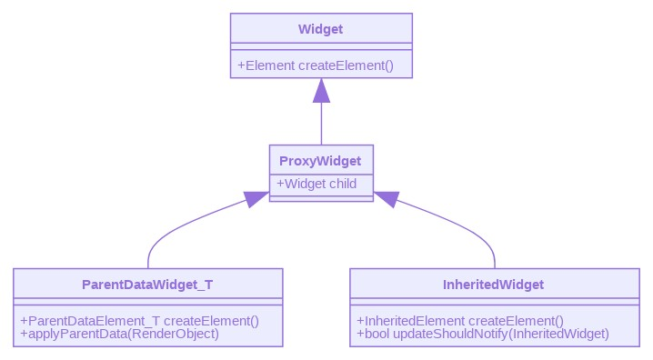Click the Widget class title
[x=320, y=29]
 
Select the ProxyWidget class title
[x=320, y=161]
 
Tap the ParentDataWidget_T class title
[x=147, y=285]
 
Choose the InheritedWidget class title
[x=494, y=285]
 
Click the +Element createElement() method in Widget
[x=315, y=65]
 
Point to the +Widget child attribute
[x=316, y=184]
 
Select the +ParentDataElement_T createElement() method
[x=140, y=321]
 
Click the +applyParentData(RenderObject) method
[x=119, y=334]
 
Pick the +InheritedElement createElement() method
[x=460, y=321]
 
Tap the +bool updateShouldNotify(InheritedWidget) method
[x=483, y=334]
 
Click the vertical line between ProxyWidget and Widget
[x=321, y=123]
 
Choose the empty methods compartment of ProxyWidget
[x=320, y=197]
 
